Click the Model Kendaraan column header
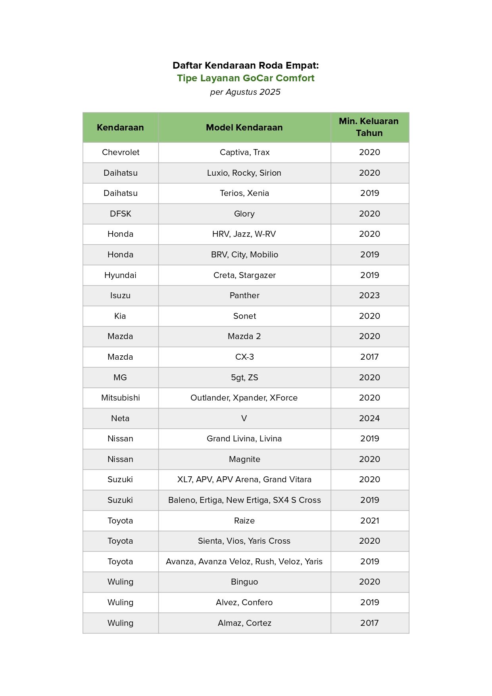click(x=244, y=127)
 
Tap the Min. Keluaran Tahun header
click(x=369, y=127)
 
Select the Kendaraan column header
click(x=120, y=127)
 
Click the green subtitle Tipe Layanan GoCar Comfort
click(x=246, y=78)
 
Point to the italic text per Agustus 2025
click(x=245, y=92)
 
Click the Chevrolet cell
click(x=121, y=152)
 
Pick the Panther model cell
click(x=244, y=295)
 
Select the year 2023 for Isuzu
click(x=369, y=295)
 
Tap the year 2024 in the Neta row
click(x=369, y=418)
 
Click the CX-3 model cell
click(x=244, y=357)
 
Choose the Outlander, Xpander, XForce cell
click(x=244, y=398)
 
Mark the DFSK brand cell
click(x=121, y=214)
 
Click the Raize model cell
click(x=244, y=521)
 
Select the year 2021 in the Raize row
click(x=369, y=521)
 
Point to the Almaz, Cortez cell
click(x=244, y=623)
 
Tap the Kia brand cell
click(x=120, y=316)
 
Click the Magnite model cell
click(x=244, y=459)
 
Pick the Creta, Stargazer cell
click(x=244, y=275)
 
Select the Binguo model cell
click(x=244, y=582)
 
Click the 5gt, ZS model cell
click(x=244, y=378)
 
